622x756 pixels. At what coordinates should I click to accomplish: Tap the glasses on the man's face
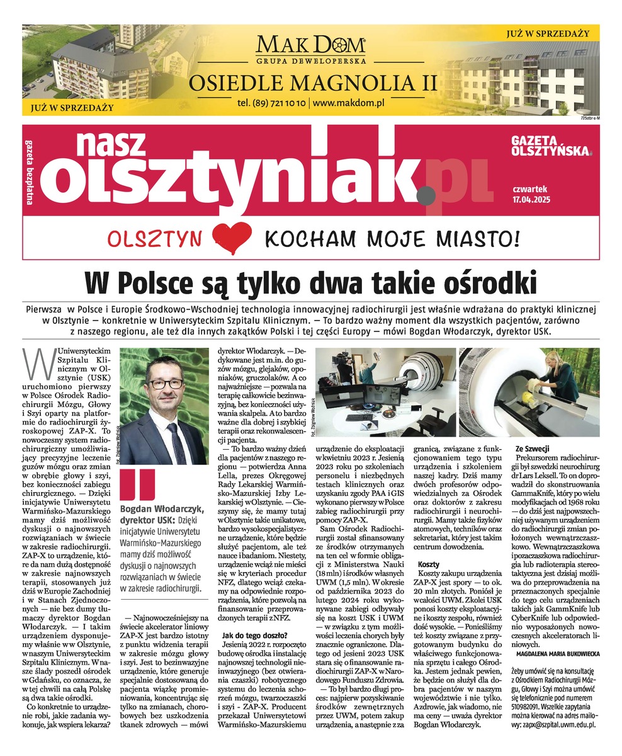pyautogui.click(x=166, y=384)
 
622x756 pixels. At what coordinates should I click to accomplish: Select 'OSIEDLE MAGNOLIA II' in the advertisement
pyautogui.click(x=310, y=82)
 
